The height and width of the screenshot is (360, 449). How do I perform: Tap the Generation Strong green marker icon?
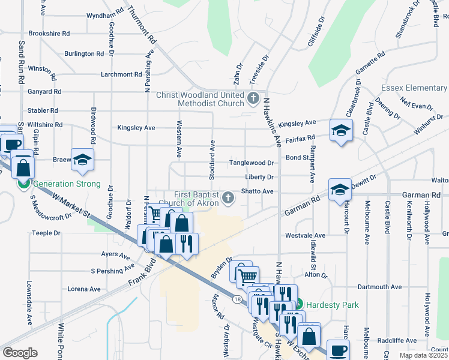coord(24,184)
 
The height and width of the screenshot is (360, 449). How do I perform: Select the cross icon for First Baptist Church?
coord(228,197)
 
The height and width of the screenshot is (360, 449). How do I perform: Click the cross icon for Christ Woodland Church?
coord(253,97)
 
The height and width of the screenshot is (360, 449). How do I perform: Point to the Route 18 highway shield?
coord(238,298)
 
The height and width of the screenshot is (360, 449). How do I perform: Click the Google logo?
coord(19,353)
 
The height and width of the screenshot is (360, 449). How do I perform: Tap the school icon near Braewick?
coord(83,159)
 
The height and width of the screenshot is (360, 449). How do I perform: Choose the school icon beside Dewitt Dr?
coord(339,189)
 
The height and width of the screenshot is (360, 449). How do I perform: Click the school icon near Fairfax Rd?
coord(341,130)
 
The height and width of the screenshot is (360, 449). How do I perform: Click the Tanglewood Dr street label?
coord(252,163)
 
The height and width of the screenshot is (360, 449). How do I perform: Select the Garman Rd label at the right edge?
coord(423,195)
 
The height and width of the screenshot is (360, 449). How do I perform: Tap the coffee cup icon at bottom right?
coord(337,350)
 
